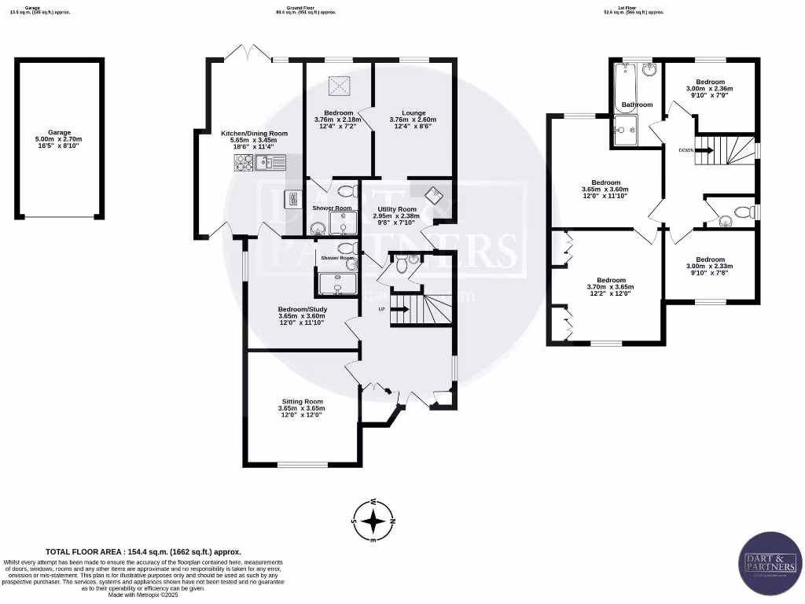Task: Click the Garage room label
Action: point(59,132)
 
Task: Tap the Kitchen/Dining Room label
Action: point(254,133)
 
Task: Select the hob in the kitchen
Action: point(243,163)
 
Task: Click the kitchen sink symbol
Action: point(272,163)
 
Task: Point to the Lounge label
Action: point(413,112)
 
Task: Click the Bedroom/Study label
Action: point(302,309)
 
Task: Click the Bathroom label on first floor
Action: point(637,105)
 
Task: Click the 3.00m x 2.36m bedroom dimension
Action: point(709,89)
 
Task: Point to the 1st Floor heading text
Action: point(634,10)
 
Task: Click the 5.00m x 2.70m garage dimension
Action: point(59,139)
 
